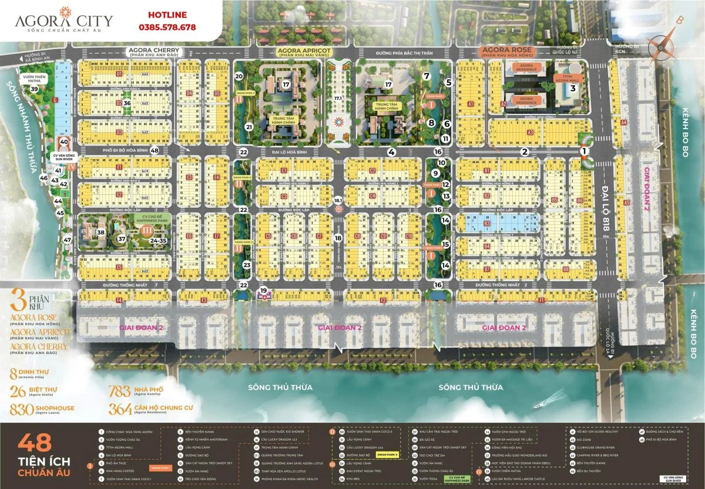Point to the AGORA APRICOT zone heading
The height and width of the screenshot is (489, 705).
303,52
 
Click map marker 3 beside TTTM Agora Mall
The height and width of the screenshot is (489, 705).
572,89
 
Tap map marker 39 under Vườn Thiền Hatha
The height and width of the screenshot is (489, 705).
35,89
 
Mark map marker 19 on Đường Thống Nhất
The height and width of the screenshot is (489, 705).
264,291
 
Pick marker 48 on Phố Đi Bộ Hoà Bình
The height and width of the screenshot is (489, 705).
155,150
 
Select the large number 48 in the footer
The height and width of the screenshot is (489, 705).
36,441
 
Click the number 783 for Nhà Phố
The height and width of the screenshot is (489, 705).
123,391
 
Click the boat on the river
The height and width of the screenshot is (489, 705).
541,406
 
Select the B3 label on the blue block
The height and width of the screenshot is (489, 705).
486,224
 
